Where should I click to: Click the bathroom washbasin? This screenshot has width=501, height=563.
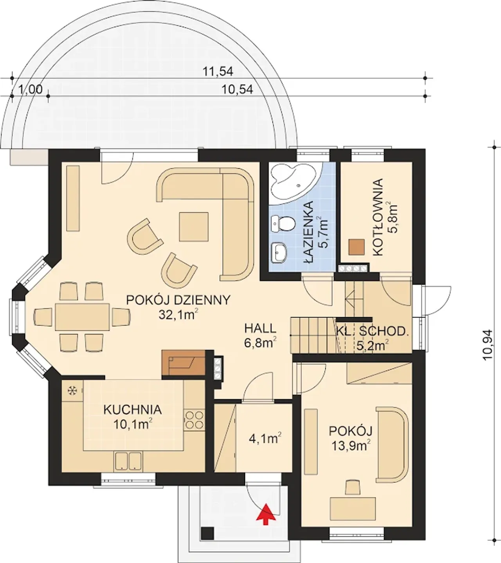(x=279, y=253)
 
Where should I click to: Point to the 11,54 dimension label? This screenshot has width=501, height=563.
(x=218, y=72)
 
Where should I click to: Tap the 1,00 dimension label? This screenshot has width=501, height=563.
(x=30, y=90)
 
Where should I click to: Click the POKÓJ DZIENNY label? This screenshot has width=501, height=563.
(x=178, y=300)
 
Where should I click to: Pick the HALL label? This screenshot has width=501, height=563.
(x=260, y=329)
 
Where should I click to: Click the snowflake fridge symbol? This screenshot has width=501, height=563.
(x=72, y=391)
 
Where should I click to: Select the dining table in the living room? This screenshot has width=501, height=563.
(x=82, y=317)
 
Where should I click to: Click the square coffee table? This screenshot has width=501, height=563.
(x=194, y=227)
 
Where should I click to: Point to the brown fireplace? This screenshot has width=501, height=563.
(x=184, y=362)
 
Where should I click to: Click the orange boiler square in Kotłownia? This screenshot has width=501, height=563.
(x=357, y=247)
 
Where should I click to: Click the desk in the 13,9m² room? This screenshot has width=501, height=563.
(x=353, y=509)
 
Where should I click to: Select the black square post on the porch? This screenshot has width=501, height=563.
(x=207, y=533)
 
